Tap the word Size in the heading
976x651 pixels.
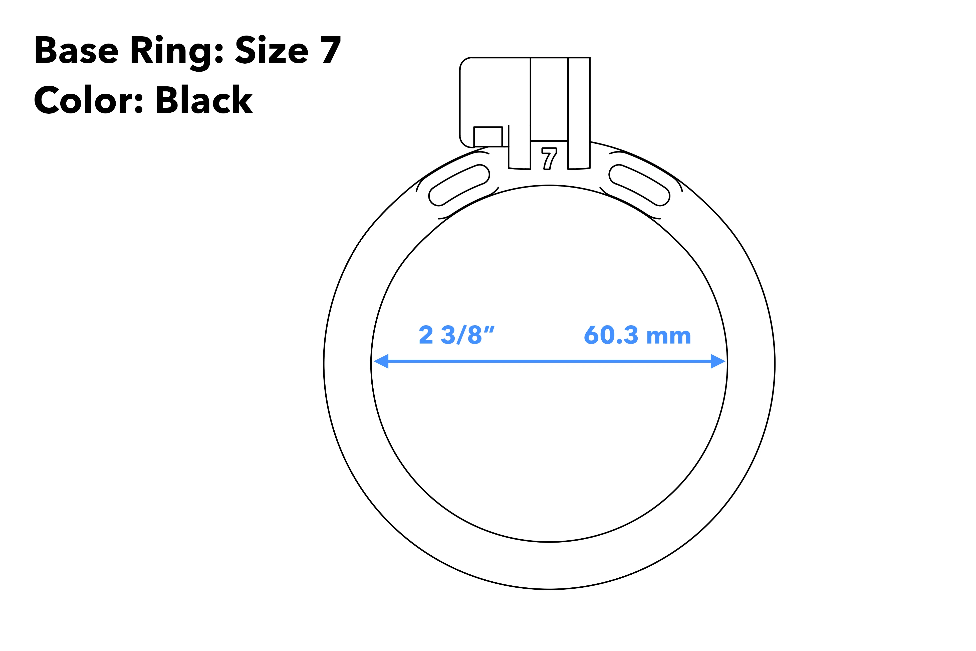coord(272,50)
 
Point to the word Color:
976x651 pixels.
coord(88,100)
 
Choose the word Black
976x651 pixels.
coord(204,100)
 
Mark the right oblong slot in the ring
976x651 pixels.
coord(639,185)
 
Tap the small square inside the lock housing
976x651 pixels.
coord(488,137)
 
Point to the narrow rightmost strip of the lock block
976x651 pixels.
coord(579,112)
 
